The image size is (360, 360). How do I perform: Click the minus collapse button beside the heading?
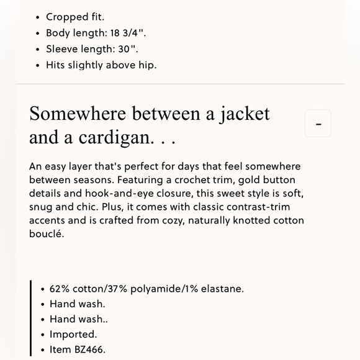click(x=318, y=124)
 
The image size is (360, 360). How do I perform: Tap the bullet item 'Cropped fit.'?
click(x=74, y=17)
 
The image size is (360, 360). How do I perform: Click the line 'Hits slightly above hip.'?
click(x=101, y=65)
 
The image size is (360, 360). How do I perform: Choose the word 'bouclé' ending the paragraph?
click(x=47, y=235)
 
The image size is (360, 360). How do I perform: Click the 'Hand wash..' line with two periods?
click(x=78, y=319)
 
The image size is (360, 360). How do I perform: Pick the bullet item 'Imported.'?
click(x=73, y=335)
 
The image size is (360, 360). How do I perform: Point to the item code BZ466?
click(x=89, y=349)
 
